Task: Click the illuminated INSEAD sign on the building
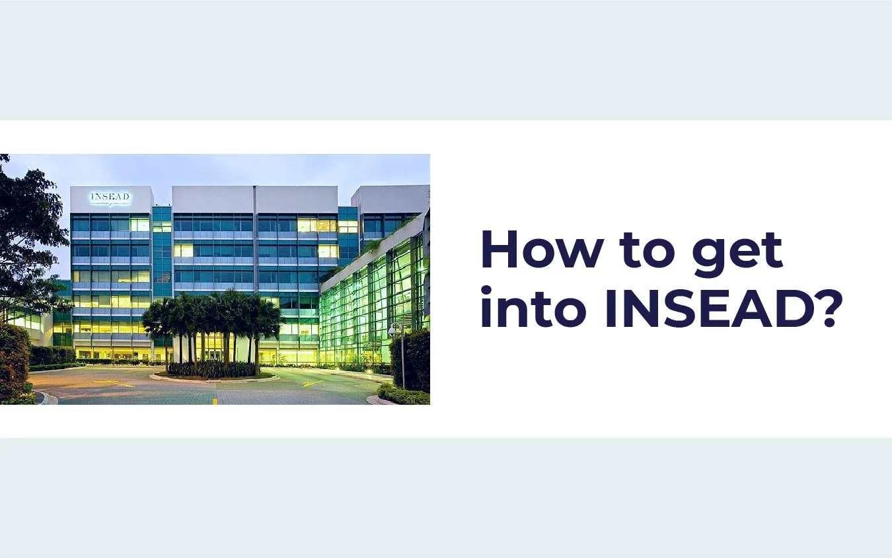pos(110,197)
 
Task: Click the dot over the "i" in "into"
pos(486,289)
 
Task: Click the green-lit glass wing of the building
pos(373,304)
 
